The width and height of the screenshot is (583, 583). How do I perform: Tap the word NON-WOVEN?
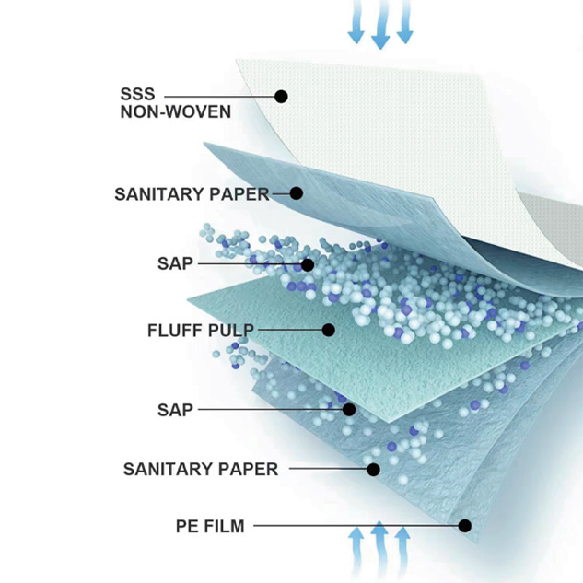pos(175,112)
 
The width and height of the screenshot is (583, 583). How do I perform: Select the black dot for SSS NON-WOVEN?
pos(281,96)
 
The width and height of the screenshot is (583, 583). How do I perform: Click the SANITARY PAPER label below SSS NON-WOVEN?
pos(192,194)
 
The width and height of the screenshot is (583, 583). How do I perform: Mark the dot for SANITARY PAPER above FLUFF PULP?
pos(297,193)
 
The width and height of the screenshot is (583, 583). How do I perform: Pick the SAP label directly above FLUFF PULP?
pos(175,263)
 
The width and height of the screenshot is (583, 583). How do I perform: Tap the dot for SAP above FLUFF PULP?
pos(308,264)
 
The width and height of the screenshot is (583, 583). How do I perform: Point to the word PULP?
pos(231,330)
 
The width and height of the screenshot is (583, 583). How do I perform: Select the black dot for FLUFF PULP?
pos(328,329)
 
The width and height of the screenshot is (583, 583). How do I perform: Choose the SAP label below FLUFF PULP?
pos(175,409)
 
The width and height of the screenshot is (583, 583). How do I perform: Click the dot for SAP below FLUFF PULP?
pos(349,409)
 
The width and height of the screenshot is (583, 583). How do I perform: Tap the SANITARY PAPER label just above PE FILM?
pos(201,469)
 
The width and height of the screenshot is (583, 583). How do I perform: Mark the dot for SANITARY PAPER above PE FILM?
pos(373,469)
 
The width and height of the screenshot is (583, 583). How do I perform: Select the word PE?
pos(187,527)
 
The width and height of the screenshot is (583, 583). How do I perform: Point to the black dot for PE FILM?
pos(465,526)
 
